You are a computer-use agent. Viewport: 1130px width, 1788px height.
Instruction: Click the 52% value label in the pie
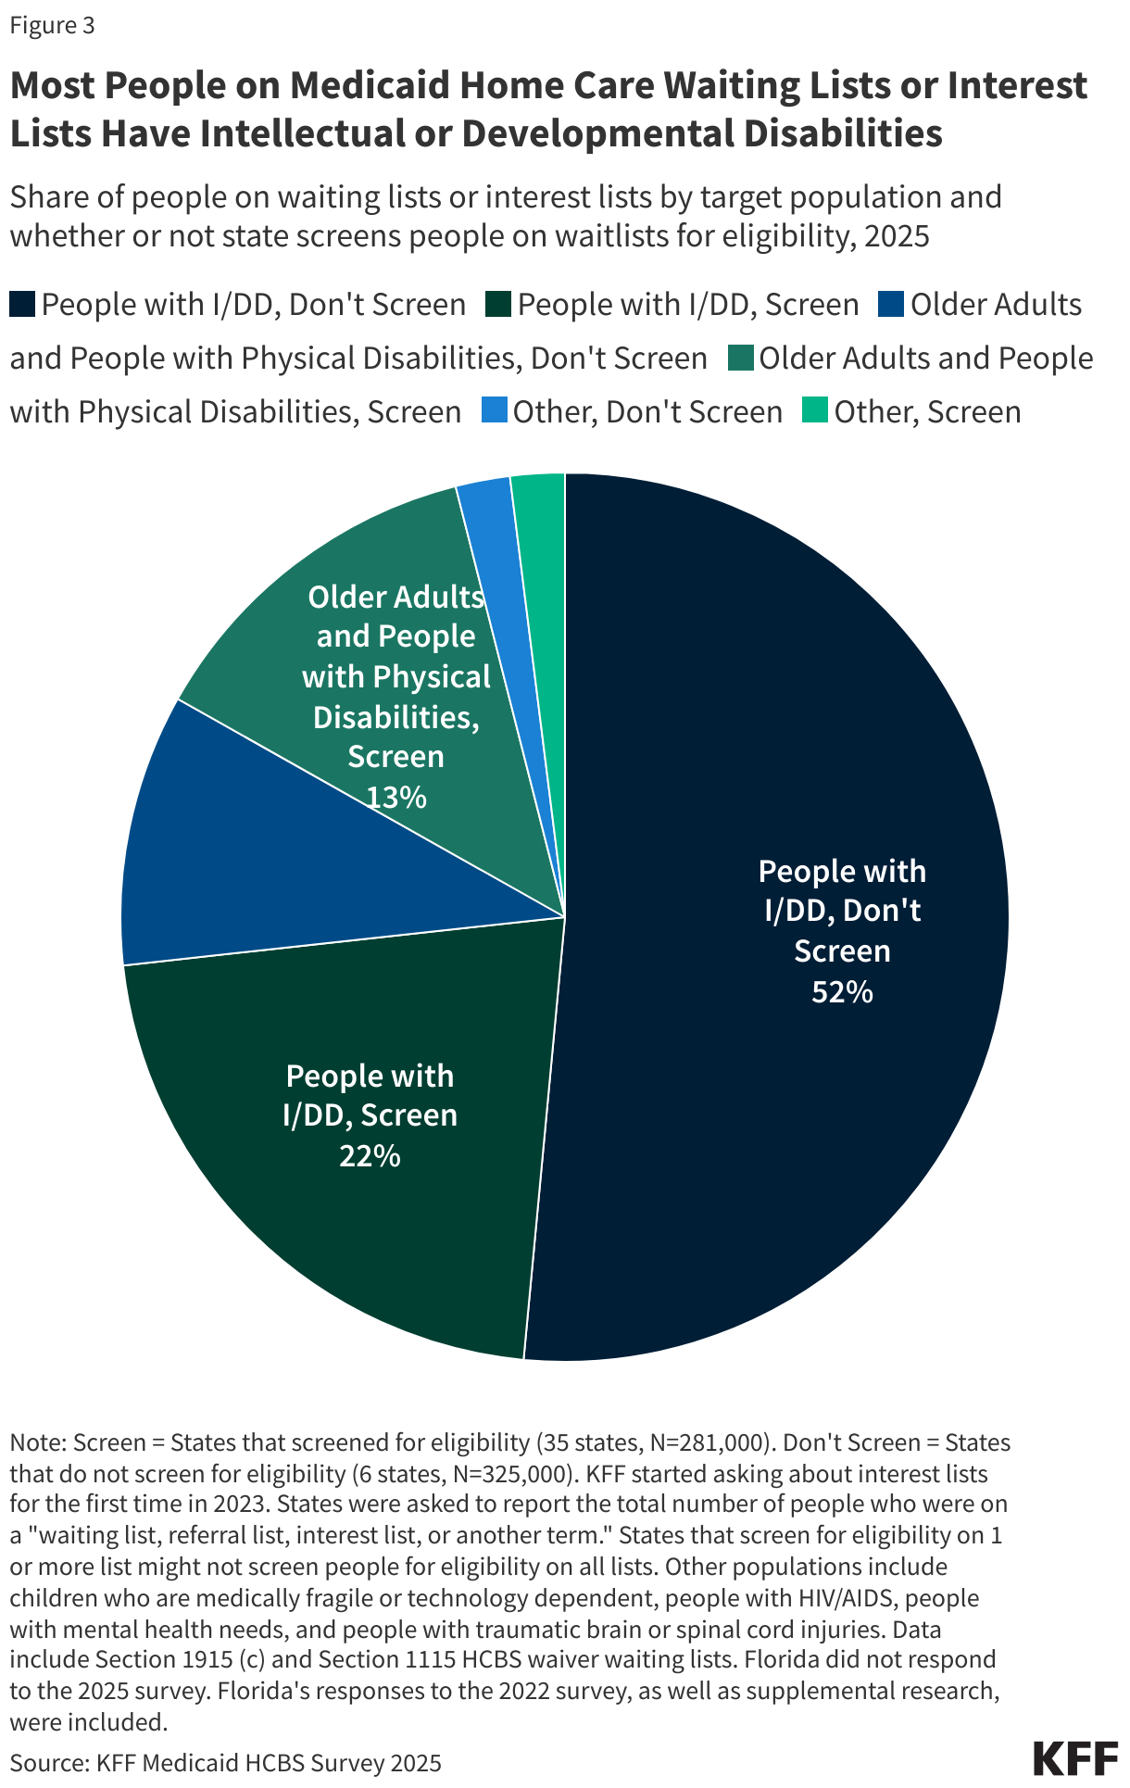click(x=842, y=992)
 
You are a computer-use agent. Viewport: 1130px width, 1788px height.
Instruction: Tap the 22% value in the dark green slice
click(x=370, y=1156)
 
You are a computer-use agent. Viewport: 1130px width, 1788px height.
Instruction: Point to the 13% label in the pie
click(x=396, y=797)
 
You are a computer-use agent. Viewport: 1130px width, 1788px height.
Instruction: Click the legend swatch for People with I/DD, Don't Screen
click(x=22, y=305)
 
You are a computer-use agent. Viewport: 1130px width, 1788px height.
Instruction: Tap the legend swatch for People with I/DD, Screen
click(x=498, y=305)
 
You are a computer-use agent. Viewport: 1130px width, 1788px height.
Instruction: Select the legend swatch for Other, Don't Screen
click(x=495, y=411)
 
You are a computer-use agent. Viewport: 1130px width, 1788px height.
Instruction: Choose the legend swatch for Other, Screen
click(x=815, y=411)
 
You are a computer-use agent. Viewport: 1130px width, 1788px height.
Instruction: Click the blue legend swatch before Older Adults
click(x=891, y=305)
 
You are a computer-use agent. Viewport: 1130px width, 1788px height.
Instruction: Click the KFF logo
click(x=1074, y=1757)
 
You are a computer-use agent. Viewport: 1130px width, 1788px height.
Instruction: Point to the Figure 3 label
click(x=52, y=25)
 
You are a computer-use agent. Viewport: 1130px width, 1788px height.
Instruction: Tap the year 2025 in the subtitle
click(x=896, y=235)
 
